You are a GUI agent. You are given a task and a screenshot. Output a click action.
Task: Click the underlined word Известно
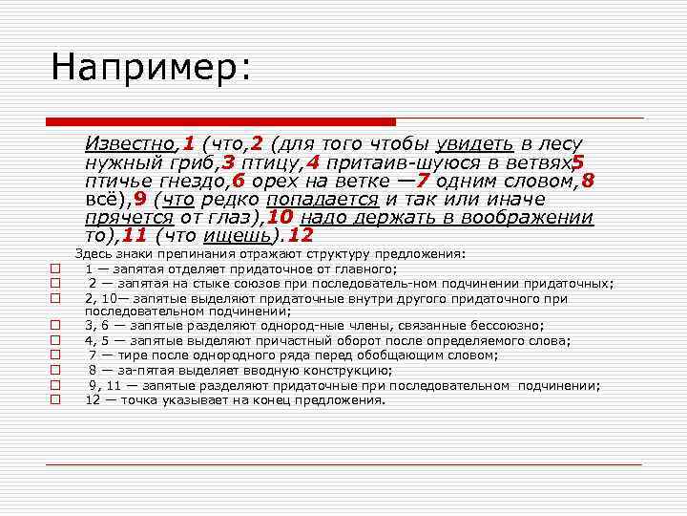click(130, 144)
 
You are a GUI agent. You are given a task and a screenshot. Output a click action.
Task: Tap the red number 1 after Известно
click(189, 144)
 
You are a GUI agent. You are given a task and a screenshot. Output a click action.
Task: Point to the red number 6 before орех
click(238, 181)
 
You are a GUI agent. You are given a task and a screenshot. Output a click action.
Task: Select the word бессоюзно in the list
click(507, 326)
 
